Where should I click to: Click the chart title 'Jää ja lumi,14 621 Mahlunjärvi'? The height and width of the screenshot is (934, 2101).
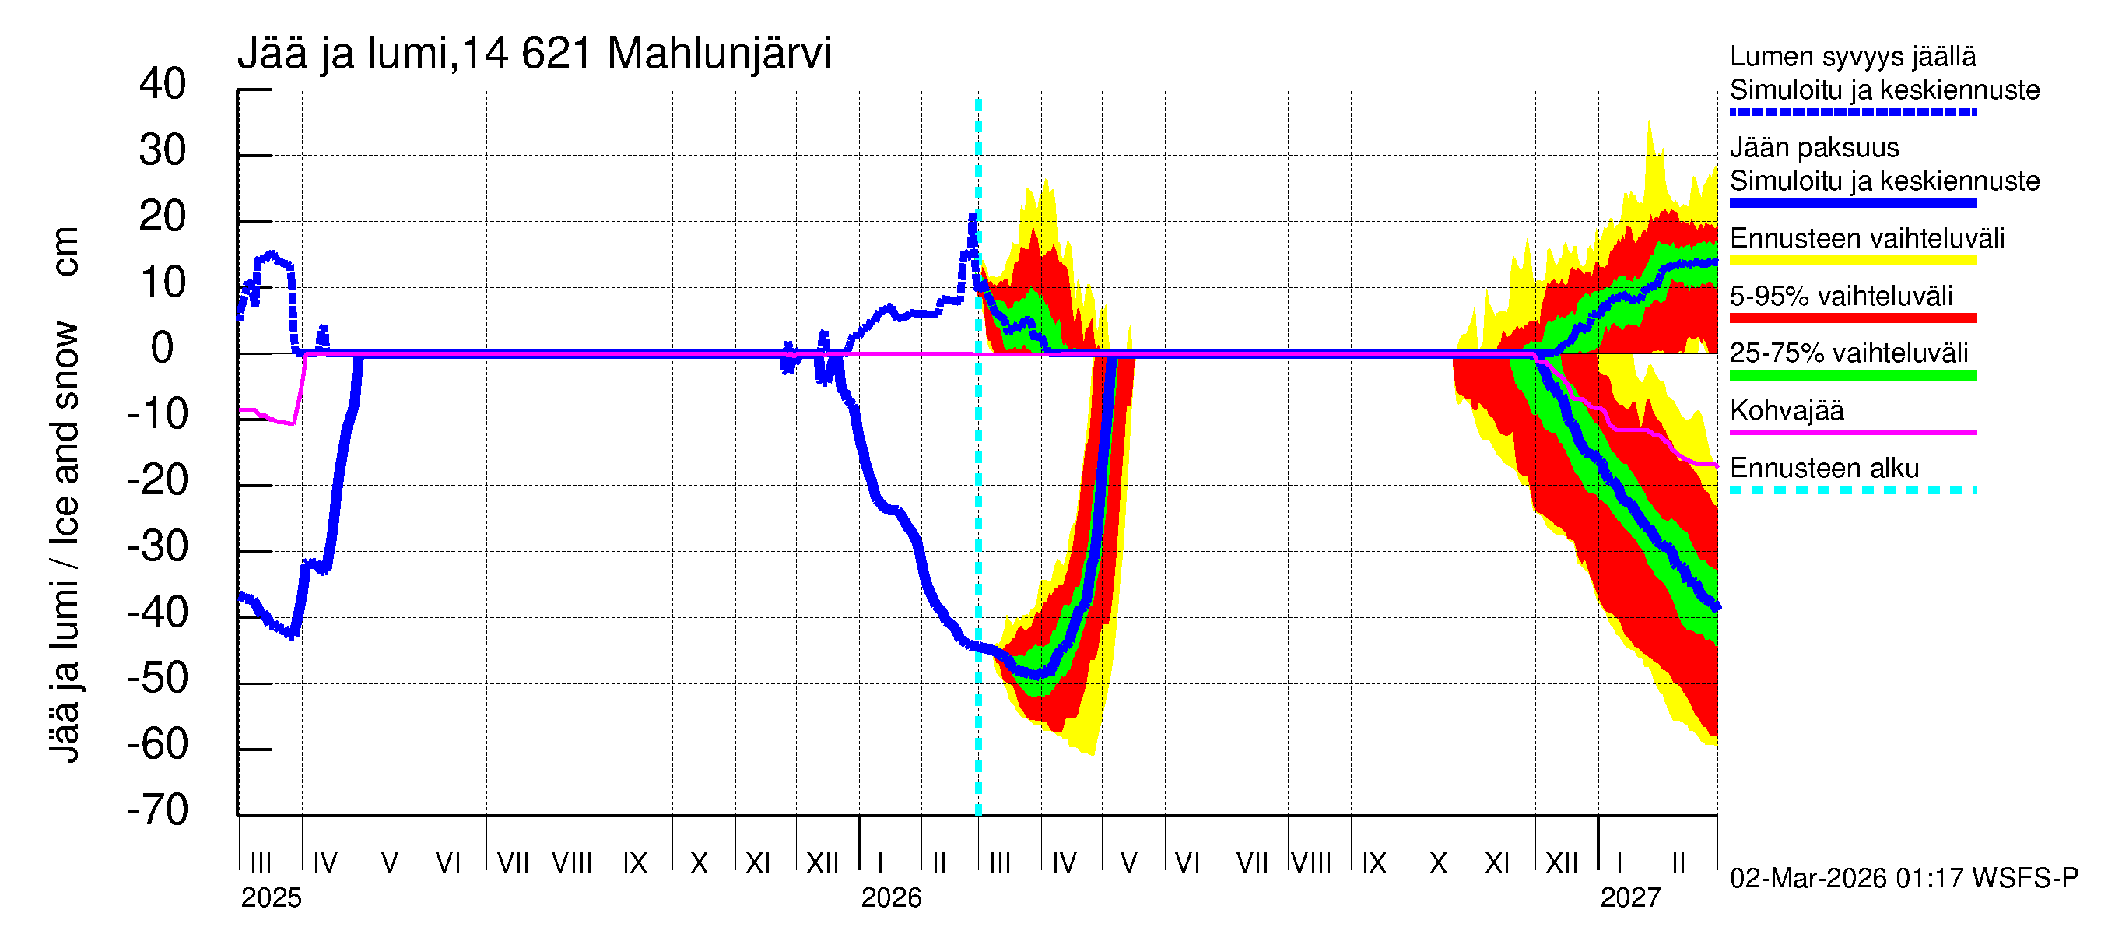tap(535, 54)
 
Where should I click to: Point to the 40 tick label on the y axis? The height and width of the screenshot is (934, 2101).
tap(163, 84)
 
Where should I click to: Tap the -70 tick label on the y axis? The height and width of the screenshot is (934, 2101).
tap(157, 810)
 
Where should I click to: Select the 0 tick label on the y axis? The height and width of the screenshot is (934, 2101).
tap(163, 349)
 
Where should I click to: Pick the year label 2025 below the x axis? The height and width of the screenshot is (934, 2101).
tap(271, 898)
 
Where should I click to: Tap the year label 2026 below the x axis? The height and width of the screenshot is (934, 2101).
tap(891, 898)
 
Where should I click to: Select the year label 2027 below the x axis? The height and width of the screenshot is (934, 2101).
tap(1629, 898)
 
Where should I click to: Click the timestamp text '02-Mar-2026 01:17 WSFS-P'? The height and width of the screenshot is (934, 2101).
tap(1903, 879)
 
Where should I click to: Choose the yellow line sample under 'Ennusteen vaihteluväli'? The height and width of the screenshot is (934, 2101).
tap(1852, 261)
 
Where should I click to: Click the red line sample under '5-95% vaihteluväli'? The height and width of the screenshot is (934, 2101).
tap(1852, 318)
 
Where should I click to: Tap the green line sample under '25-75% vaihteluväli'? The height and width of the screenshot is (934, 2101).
tap(1852, 375)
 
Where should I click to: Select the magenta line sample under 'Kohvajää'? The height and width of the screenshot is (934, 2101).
tap(1852, 432)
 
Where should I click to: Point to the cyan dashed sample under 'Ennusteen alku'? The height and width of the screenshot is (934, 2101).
tap(1852, 490)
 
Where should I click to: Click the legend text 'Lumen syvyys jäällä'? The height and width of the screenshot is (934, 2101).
tap(1852, 57)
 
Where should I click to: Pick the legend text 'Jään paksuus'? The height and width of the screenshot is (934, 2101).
tap(1814, 148)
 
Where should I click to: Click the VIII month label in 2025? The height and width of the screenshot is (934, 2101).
tap(572, 862)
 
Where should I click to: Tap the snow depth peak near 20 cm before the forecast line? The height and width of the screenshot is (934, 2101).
tap(972, 217)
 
